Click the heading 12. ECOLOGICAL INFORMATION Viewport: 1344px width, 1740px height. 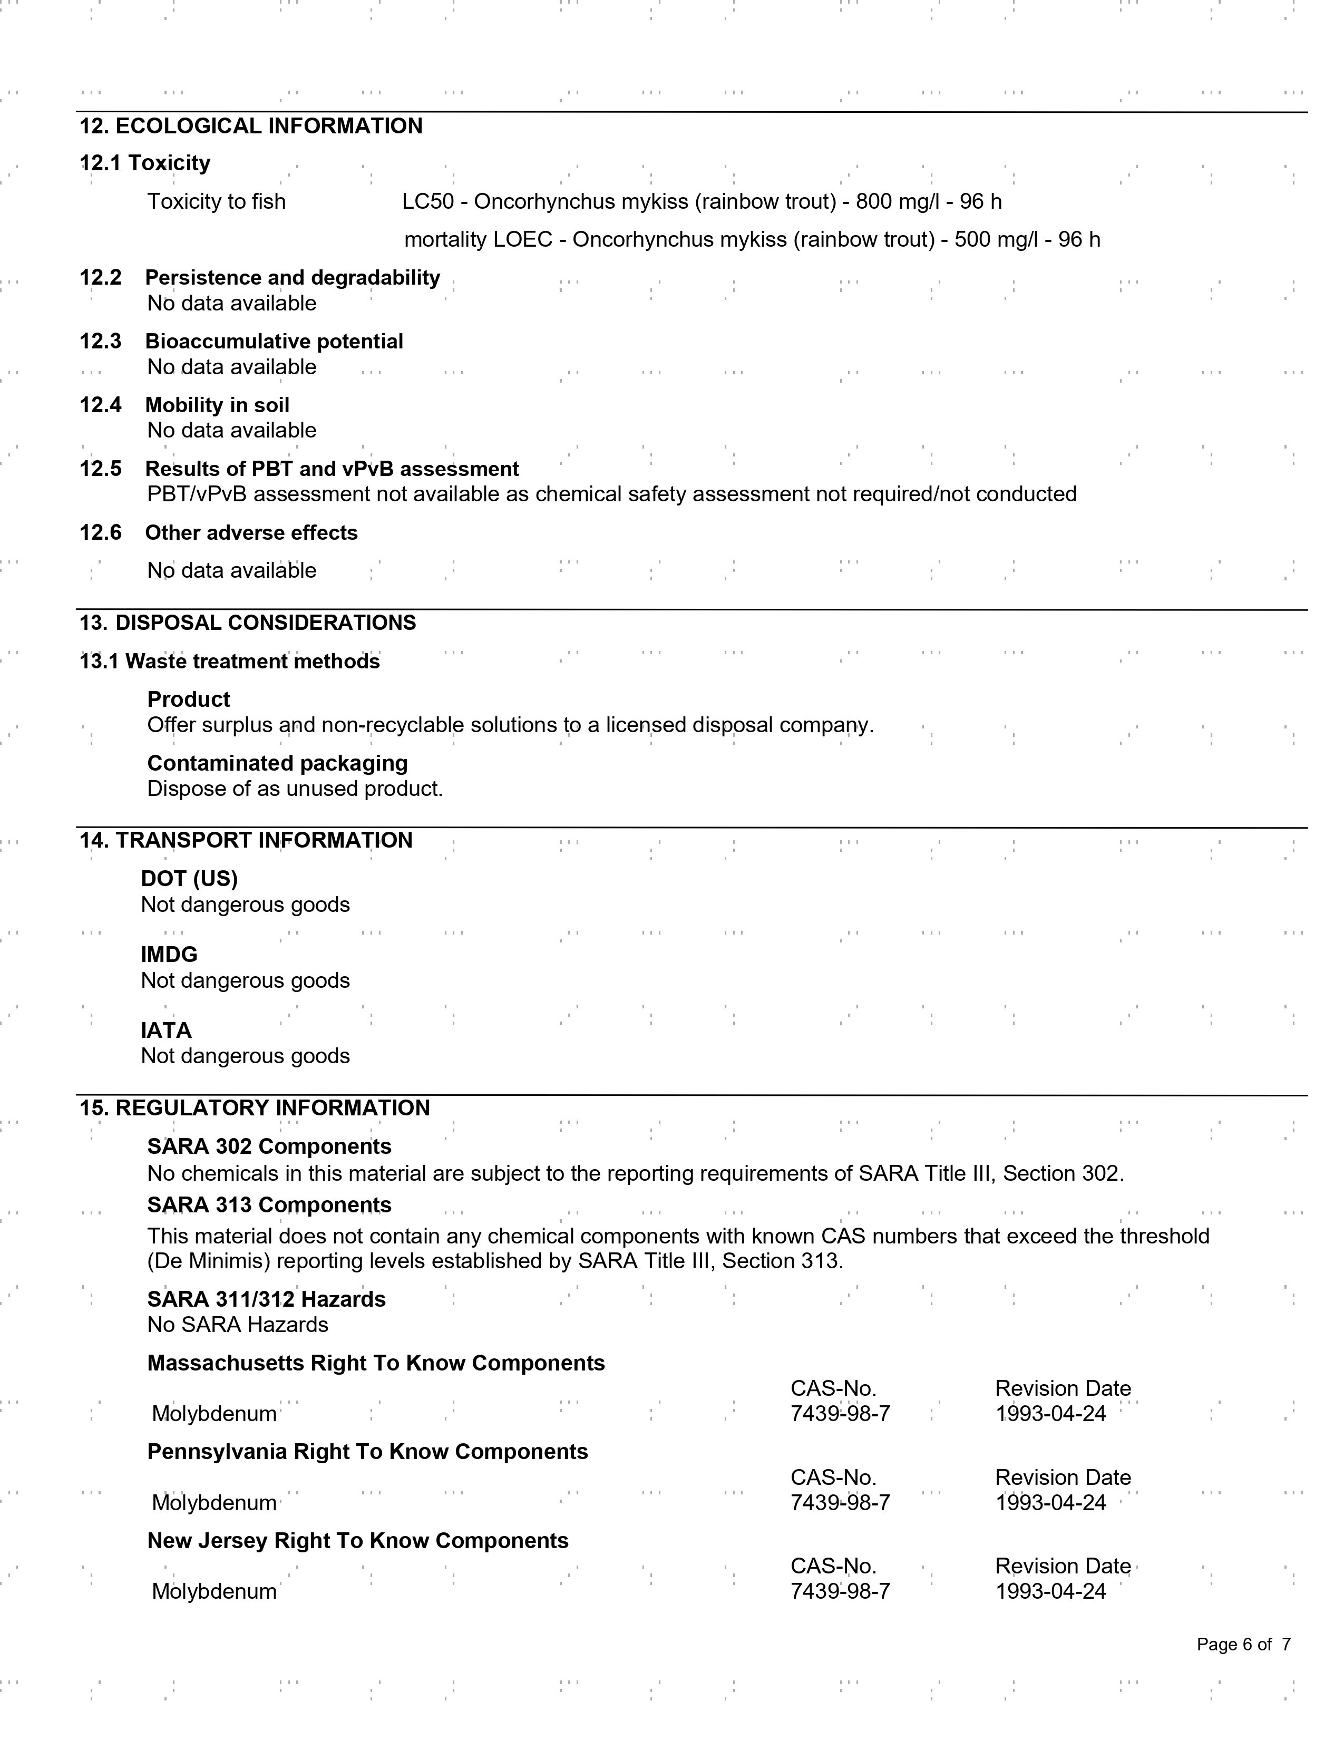[x=251, y=126]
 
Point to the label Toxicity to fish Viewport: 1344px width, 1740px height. [x=216, y=201]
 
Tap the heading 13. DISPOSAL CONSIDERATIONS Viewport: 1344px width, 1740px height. [x=248, y=623]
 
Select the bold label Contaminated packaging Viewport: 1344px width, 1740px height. [x=277, y=763]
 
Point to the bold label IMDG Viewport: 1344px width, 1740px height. [x=169, y=955]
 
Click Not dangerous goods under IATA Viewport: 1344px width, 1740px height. [x=246, y=1056]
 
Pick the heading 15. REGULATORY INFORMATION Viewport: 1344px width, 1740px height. [x=254, y=1108]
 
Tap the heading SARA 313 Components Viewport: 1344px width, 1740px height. [x=269, y=1206]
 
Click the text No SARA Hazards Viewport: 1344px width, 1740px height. [x=237, y=1325]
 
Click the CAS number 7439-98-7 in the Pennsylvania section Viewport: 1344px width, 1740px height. [x=840, y=1503]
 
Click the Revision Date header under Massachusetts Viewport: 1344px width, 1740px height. [x=1062, y=1388]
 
